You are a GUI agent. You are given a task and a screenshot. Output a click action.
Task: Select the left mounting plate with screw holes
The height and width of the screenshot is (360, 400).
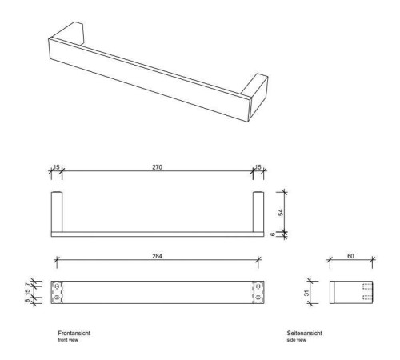pyautogui.click(x=57, y=291)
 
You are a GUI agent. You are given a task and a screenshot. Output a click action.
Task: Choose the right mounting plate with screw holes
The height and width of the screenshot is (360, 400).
pyautogui.click(x=258, y=291)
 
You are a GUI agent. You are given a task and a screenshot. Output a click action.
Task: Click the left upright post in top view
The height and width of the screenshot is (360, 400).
pyautogui.click(x=57, y=211)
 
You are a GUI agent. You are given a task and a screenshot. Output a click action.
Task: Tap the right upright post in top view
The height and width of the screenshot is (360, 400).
pyautogui.click(x=258, y=211)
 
